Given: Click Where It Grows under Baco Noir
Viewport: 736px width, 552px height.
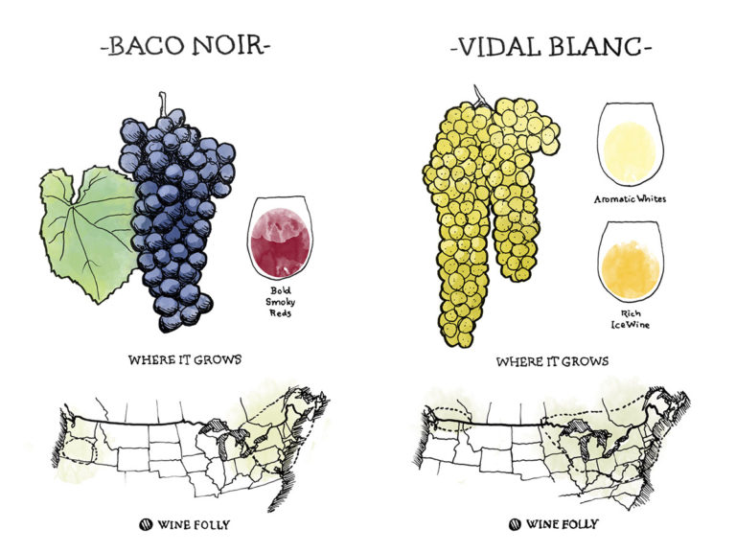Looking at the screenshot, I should pyautogui.click(x=185, y=361).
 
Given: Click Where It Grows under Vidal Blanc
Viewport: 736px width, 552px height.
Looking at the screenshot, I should pyautogui.click(x=553, y=363).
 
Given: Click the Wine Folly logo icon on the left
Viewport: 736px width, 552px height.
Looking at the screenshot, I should pyautogui.click(x=147, y=524).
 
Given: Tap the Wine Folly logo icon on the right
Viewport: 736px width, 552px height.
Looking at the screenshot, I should pyautogui.click(x=516, y=524).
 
